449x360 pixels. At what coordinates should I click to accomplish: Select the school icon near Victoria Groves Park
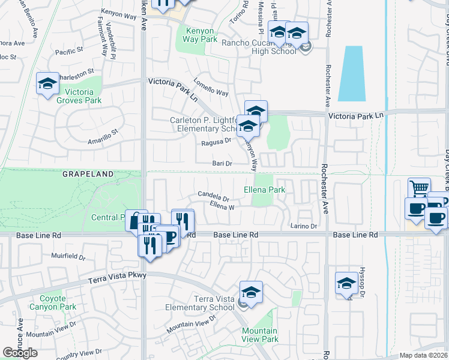click(47, 84)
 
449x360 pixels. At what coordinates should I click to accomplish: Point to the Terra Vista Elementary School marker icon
click(251, 292)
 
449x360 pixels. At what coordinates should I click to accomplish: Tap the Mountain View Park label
click(260, 335)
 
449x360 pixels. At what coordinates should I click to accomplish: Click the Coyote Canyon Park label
click(58, 302)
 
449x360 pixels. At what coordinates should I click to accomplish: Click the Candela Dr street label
click(214, 196)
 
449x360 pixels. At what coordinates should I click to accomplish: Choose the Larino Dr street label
click(304, 226)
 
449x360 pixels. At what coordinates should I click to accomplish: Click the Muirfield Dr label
click(68, 256)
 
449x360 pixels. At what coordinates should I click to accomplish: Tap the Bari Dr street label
click(221, 163)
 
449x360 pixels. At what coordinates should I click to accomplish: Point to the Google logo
click(20, 353)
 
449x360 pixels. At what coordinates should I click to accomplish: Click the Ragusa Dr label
click(215, 141)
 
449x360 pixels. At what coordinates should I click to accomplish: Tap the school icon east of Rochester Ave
click(346, 284)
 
